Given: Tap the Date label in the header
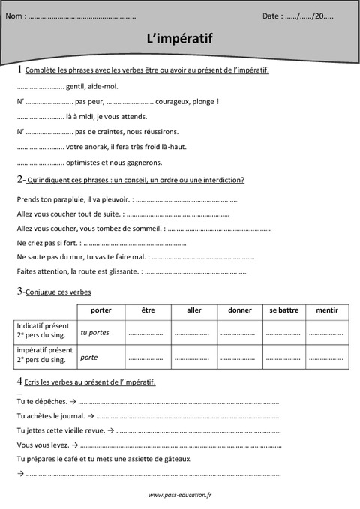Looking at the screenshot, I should [272, 15].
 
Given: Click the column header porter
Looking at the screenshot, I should [100, 309].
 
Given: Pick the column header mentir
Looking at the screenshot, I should [326, 309].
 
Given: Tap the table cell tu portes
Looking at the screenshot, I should [94, 332].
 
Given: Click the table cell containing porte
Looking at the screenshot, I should [89, 357].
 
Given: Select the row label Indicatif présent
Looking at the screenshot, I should [43, 327].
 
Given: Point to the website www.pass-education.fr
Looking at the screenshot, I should [180, 495].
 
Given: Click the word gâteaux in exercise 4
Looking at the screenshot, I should [173, 458].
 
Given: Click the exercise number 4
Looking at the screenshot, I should [19, 382].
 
